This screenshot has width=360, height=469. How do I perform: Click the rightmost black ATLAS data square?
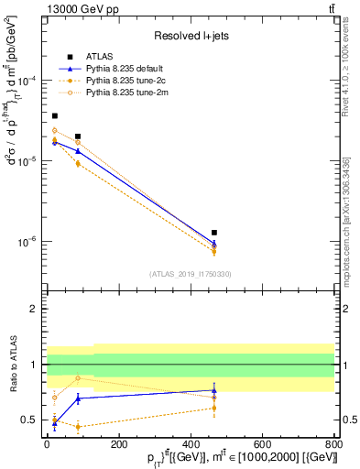click(x=214, y=233)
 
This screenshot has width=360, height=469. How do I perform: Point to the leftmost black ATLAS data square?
click(x=55, y=116)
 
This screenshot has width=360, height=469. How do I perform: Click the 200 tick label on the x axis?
click(x=117, y=442)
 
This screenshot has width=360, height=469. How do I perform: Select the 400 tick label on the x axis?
click(x=190, y=442)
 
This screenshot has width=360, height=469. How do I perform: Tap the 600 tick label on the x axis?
click(x=262, y=442)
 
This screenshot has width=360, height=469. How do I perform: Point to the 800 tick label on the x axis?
click(x=333, y=442)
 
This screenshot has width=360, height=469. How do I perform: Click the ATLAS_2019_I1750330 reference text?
click(x=191, y=274)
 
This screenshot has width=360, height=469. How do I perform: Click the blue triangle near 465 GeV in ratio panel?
click(x=214, y=390)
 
